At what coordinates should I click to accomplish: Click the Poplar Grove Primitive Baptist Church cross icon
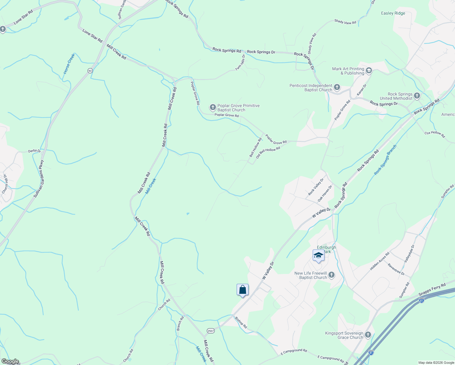click(213, 107)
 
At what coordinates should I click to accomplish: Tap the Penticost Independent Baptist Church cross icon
click(337, 88)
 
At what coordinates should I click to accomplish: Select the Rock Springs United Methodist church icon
click(417, 96)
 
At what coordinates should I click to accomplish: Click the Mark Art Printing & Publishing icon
click(369, 71)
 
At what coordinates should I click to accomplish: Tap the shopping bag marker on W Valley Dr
click(242, 290)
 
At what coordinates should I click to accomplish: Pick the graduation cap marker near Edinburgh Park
click(318, 255)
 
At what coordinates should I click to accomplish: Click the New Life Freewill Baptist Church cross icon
click(332, 275)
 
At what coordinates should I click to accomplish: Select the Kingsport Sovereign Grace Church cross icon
click(368, 335)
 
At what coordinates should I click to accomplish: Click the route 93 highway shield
click(90, 71)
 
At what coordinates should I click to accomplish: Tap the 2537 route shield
click(210, 331)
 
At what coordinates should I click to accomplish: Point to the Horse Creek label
click(69, 64)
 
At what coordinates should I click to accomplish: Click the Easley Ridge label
click(393, 13)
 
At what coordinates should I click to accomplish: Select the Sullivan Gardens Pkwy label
click(39, 179)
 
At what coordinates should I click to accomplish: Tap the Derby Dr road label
click(34, 151)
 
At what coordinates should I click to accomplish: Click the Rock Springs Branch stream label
click(385, 160)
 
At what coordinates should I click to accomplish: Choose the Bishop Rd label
click(241, 322)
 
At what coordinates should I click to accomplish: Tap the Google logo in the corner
click(10, 361)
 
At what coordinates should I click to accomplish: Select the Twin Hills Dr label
click(240, 63)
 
